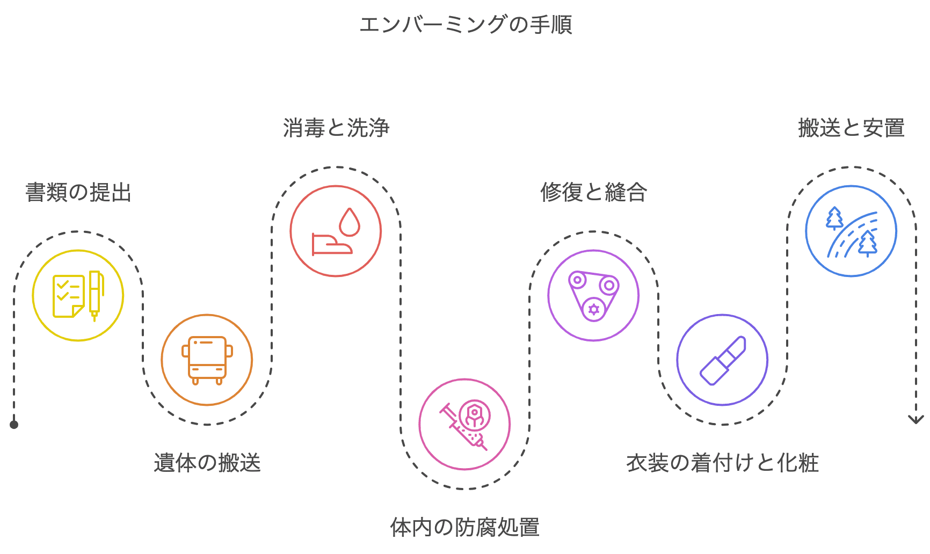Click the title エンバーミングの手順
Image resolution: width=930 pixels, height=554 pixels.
tap(465, 25)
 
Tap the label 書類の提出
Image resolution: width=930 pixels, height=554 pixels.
tap(78, 192)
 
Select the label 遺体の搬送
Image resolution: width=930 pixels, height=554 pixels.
tap(207, 463)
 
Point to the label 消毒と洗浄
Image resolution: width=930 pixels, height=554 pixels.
tap(336, 128)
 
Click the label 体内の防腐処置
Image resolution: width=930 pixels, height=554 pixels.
tap(465, 527)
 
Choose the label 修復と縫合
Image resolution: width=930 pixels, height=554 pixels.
tap(593, 192)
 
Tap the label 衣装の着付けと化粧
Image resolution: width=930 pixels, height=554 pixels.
tap(722, 463)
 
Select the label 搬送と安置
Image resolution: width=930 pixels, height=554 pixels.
tap(851, 128)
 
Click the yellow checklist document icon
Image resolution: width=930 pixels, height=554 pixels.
tap(68, 296)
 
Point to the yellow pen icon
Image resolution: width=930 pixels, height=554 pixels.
tap(95, 294)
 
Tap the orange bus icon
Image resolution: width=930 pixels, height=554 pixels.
tap(207, 360)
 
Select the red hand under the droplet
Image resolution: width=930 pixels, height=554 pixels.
tap(331, 245)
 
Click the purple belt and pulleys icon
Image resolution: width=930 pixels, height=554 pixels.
tap(593, 295)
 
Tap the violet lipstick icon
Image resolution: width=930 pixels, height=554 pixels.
tap(723, 360)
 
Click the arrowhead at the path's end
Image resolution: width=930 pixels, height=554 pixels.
tap(916, 419)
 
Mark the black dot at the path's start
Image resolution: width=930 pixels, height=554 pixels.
tap(14, 425)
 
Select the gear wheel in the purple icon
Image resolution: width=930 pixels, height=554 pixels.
tap(593, 309)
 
